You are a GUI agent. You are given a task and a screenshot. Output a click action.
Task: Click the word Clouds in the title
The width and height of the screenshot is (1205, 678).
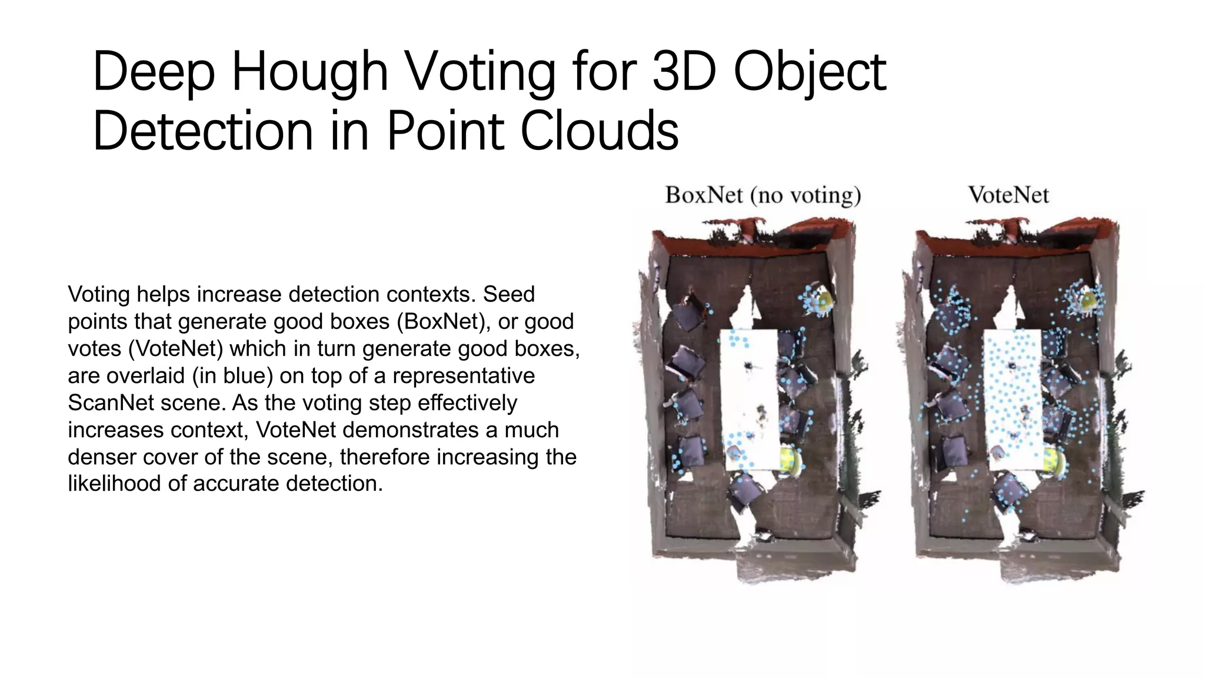[x=599, y=131]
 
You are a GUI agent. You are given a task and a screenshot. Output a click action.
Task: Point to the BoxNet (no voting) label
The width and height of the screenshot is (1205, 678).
[x=763, y=195]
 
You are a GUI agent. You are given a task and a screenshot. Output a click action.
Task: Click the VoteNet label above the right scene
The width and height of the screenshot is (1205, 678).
[x=1008, y=195]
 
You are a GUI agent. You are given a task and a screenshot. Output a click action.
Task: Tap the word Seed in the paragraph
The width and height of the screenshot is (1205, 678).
[x=508, y=294]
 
